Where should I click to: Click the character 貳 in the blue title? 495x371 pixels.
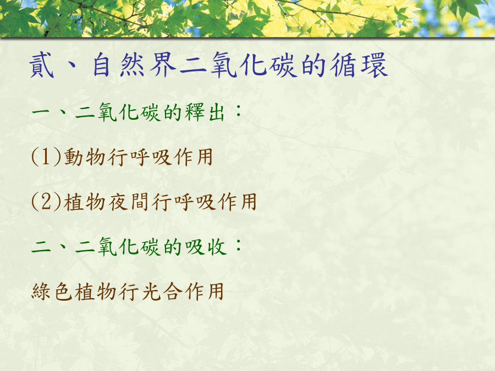[x=42, y=65]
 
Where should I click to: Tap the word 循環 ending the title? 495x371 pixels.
[x=359, y=65]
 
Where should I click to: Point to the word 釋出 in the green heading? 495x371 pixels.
[x=205, y=112]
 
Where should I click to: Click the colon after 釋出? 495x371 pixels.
[x=239, y=110]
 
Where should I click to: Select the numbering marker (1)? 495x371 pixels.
[x=46, y=157]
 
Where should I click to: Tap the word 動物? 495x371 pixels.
[x=85, y=157]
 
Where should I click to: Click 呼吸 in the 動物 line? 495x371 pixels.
[x=151, y=157]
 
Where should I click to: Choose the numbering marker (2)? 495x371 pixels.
[x=46, y=202]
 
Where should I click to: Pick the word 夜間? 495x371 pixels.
[x=129, y=202]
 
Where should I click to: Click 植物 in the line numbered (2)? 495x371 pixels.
[x=85, y=202]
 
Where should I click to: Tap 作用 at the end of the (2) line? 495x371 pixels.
[x=238, y=202]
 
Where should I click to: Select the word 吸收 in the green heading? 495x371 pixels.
[x=206, y=246]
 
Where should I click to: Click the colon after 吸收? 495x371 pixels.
[x=239, y=245]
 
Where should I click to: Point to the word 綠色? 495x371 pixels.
[x=52, y=291]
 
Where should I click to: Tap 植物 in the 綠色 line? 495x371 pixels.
[x=96, y=291]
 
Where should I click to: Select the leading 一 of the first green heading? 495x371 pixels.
[x=41, y=112]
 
